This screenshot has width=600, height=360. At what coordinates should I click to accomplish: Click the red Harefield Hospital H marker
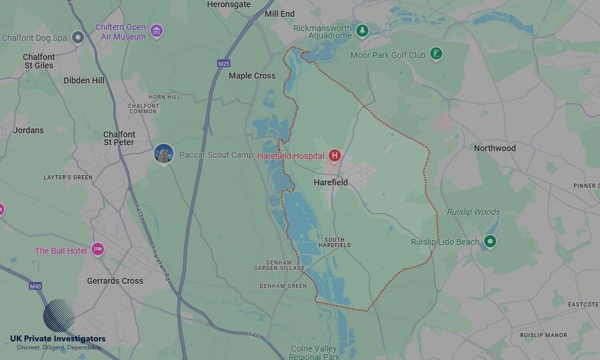pyautogui.click(x=335, y=156)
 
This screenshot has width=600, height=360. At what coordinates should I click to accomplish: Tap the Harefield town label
pyautogui.click(x=331, y=182)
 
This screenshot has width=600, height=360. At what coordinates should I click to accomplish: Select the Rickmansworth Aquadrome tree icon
pyautogui.click(x=362, y=30)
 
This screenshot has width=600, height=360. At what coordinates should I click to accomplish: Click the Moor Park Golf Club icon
pyautogui.click(x=437, y=55)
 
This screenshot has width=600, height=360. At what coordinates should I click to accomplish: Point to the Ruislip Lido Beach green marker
pyautogui.click(x=490, y=242)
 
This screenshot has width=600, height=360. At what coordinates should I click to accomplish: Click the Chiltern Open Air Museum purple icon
pyautogui.click(x=157, y=31)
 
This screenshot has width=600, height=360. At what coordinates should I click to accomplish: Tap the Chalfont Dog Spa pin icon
pyautogui.click(x=77, y=38)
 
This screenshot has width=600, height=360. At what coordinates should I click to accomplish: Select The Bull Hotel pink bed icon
pyautogui.click(x=98, y=250)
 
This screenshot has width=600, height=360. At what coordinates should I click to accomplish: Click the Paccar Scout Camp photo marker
pyautogui.click(x=164, y=154)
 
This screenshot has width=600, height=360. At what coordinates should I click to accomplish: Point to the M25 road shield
pyautogui.click(x=224, y=64)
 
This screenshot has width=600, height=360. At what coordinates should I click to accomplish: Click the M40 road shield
pyautogui.click(x=35, y=287)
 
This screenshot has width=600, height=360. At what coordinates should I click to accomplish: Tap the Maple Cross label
pyautogui.click(x=252, y=76)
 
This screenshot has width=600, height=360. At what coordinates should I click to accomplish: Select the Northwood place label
pyautogui.click(x=494, y=148)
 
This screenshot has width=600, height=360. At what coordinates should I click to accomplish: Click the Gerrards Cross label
pyautogui.click(x=115, y=281)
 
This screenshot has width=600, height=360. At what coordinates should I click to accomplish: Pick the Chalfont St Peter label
pyautogui.click(x=119, y=139)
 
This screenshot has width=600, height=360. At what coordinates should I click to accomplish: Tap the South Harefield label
pyautogui.click(x=335, y=242)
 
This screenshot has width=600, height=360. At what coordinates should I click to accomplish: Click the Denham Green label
pyautogui.click(x=283, y=286)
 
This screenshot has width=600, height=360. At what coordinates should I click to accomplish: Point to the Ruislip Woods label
pyautogui.click(x=473, y=212)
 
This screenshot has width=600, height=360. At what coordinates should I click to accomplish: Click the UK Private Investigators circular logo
pyautogui.click(x=59, y=316)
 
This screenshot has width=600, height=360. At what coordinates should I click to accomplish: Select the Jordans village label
pyautogui.click(x=28, y=130)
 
